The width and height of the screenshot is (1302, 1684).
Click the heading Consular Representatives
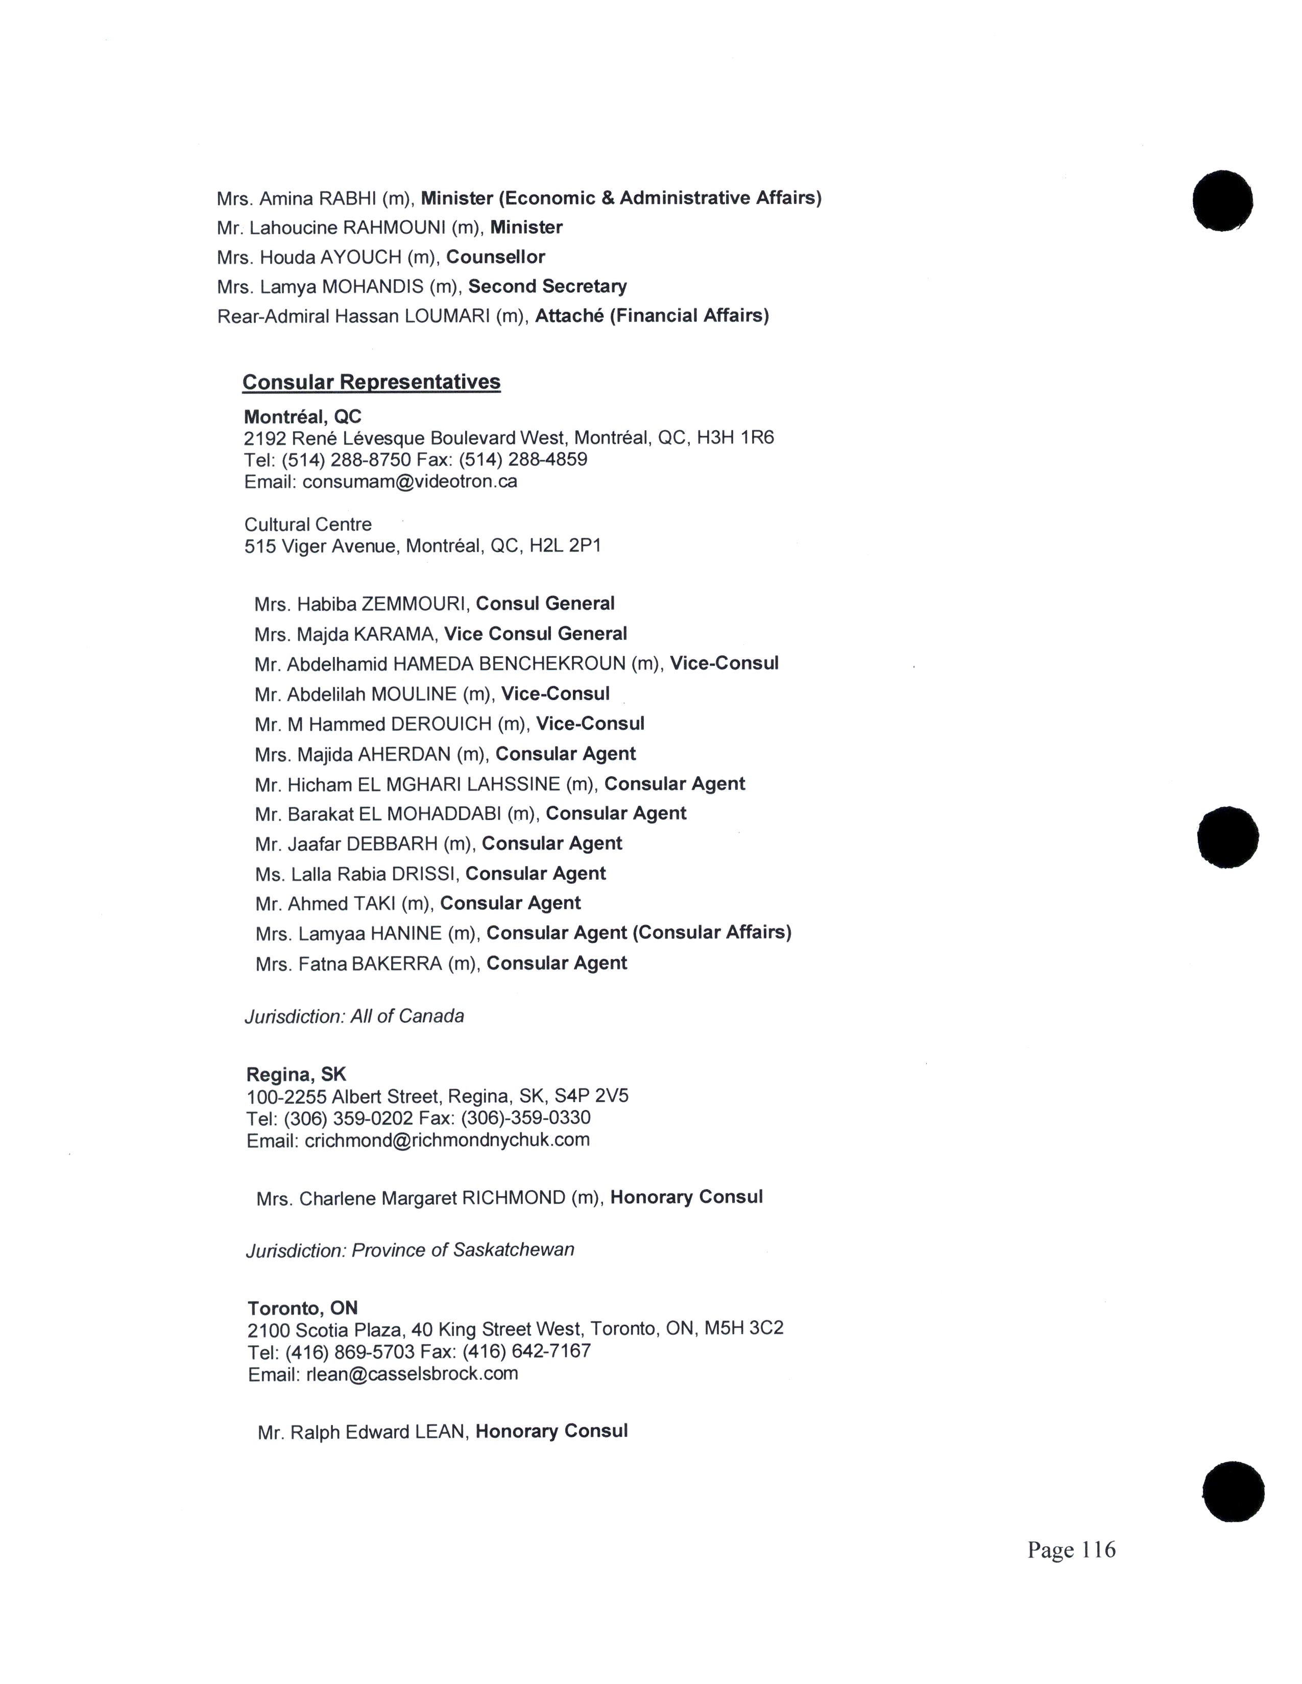(371, 382)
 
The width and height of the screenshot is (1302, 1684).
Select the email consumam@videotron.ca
(409, 482)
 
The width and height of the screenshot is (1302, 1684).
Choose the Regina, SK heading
(296, 1074)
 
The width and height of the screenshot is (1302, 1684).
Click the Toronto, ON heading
(302, 1308)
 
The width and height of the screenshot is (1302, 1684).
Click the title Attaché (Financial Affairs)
(652, 316)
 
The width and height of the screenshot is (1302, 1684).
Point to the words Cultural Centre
(308, 524)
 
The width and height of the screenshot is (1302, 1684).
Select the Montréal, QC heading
(302, 417)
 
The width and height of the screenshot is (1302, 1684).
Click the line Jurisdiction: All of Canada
(355, 1016)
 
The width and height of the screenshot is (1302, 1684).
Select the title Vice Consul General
(535, 634)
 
